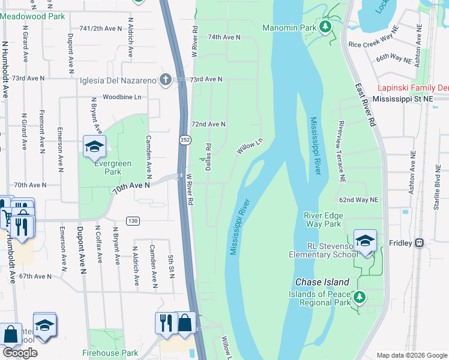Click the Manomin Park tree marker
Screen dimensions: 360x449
pyautogui.click(x=325, y=26)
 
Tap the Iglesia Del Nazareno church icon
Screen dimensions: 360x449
pyautogui.click(x=166, y=80)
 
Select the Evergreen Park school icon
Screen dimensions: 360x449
pyautogui.click(x=94, y=147)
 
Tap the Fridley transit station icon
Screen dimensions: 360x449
pyautogui.click(x=420, y=243)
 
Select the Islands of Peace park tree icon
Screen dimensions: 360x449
pyautogui.click(x=359, y=296)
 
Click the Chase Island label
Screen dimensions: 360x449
pyautogui.click(x=322, y=282)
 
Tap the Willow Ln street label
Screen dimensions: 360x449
pyautogui.click(x=250, y=146)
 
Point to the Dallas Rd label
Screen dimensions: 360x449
pyautogui.click(x=208, y=156)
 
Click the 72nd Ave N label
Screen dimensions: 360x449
pyautogui.click(x=208, y=124)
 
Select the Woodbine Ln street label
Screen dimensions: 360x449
pyautogui.click(x=122, y=97)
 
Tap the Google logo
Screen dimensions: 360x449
pyautogui.click(x=20, y=353)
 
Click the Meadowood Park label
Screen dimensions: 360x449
pyautogui.click(x=32, y=16)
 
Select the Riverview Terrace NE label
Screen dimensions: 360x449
pyautogui.click(x=341, y=151)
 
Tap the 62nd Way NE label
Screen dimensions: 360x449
pyautogui.click(x=358, y=199)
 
